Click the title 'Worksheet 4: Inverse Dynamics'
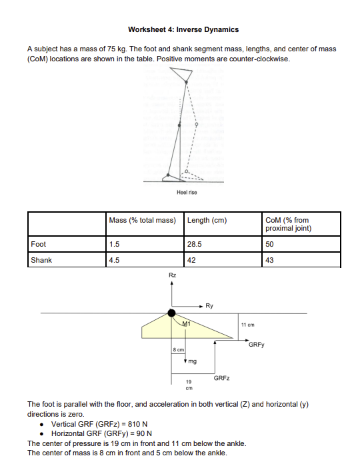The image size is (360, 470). pos(183,30)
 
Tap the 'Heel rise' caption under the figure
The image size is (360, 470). pos(187,192)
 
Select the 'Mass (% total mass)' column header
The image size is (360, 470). pos(142,221)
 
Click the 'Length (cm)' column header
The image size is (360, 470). pos(207,221)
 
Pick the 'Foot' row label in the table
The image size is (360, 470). pos(39,244)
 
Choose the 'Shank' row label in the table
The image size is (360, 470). pos(41,260)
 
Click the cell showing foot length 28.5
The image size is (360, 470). pos(195,244)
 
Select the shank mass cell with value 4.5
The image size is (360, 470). pos(114,260)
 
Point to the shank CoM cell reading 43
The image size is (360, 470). pos(269,260)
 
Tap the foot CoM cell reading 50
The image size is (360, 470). pos(269,244)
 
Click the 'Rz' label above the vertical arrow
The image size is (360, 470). pos(172,275)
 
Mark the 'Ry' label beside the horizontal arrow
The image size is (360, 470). pos(209,306)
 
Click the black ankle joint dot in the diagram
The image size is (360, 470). pos(172,312)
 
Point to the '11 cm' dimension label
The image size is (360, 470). pos(248,324)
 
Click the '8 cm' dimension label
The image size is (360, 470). pos(178,349)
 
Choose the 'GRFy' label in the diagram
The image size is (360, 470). pos(256,345)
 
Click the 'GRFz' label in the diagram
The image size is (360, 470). pos(222,378)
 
